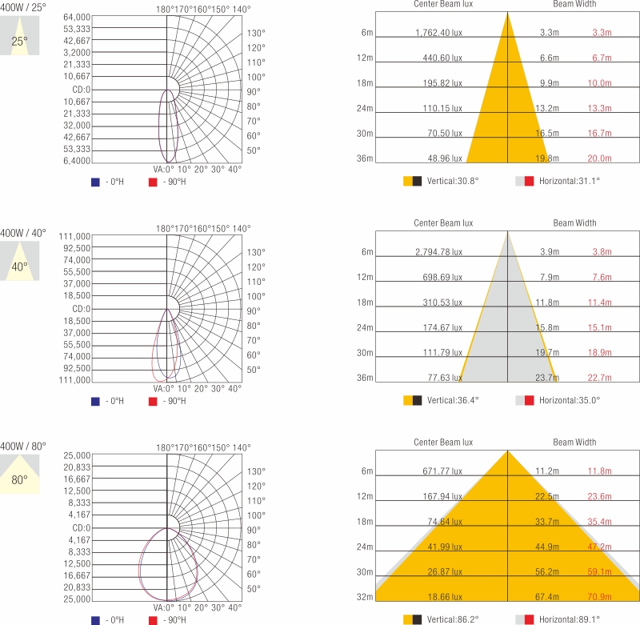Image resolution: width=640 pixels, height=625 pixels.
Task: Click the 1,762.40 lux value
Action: [438, 33]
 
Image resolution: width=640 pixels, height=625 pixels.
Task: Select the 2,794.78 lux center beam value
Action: [438, 252]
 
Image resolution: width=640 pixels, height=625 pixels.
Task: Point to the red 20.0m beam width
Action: [600, 158]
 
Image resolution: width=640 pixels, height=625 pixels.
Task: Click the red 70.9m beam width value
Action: [600, 597]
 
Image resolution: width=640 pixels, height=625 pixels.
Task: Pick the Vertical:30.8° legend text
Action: [453, 182]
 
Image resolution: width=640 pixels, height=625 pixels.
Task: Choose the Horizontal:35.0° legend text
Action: [570, 400]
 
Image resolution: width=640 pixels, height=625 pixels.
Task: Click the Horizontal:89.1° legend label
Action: [570, 619]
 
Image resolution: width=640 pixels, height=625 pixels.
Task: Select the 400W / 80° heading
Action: [23, 446]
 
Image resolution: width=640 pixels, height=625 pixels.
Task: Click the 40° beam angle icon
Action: [20, 266]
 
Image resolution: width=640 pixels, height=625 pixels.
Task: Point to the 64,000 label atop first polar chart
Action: [77, 17]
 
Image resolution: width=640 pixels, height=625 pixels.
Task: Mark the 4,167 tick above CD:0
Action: [80, 515]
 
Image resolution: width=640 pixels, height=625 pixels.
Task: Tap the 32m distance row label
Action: [366, 597]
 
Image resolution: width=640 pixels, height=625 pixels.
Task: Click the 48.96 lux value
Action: [445, 158]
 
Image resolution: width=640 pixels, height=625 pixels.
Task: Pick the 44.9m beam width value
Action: [547, 547]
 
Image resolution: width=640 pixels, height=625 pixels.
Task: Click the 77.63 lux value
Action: [445, 378]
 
